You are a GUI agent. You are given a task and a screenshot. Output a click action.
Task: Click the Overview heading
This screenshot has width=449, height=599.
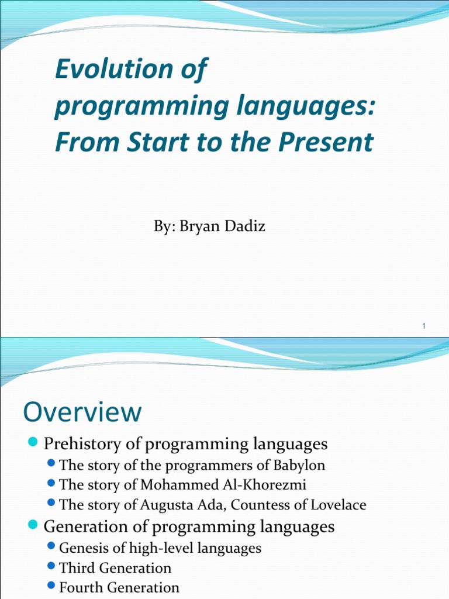tap(82, 412)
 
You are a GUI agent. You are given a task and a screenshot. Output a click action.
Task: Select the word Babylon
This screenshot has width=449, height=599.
tap(298, 466)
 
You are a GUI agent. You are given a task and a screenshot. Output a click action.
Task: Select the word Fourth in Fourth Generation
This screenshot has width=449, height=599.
tap(81, 587)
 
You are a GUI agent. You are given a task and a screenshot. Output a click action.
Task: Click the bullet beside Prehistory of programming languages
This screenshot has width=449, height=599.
tap(33, 442)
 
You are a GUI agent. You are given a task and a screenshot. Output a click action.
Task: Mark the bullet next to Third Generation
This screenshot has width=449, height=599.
tap(52, 567)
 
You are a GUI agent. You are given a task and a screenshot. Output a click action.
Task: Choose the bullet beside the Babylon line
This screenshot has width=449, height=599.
tap(52, 465)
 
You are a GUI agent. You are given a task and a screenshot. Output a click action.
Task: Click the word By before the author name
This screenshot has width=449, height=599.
tap(162, 226)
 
